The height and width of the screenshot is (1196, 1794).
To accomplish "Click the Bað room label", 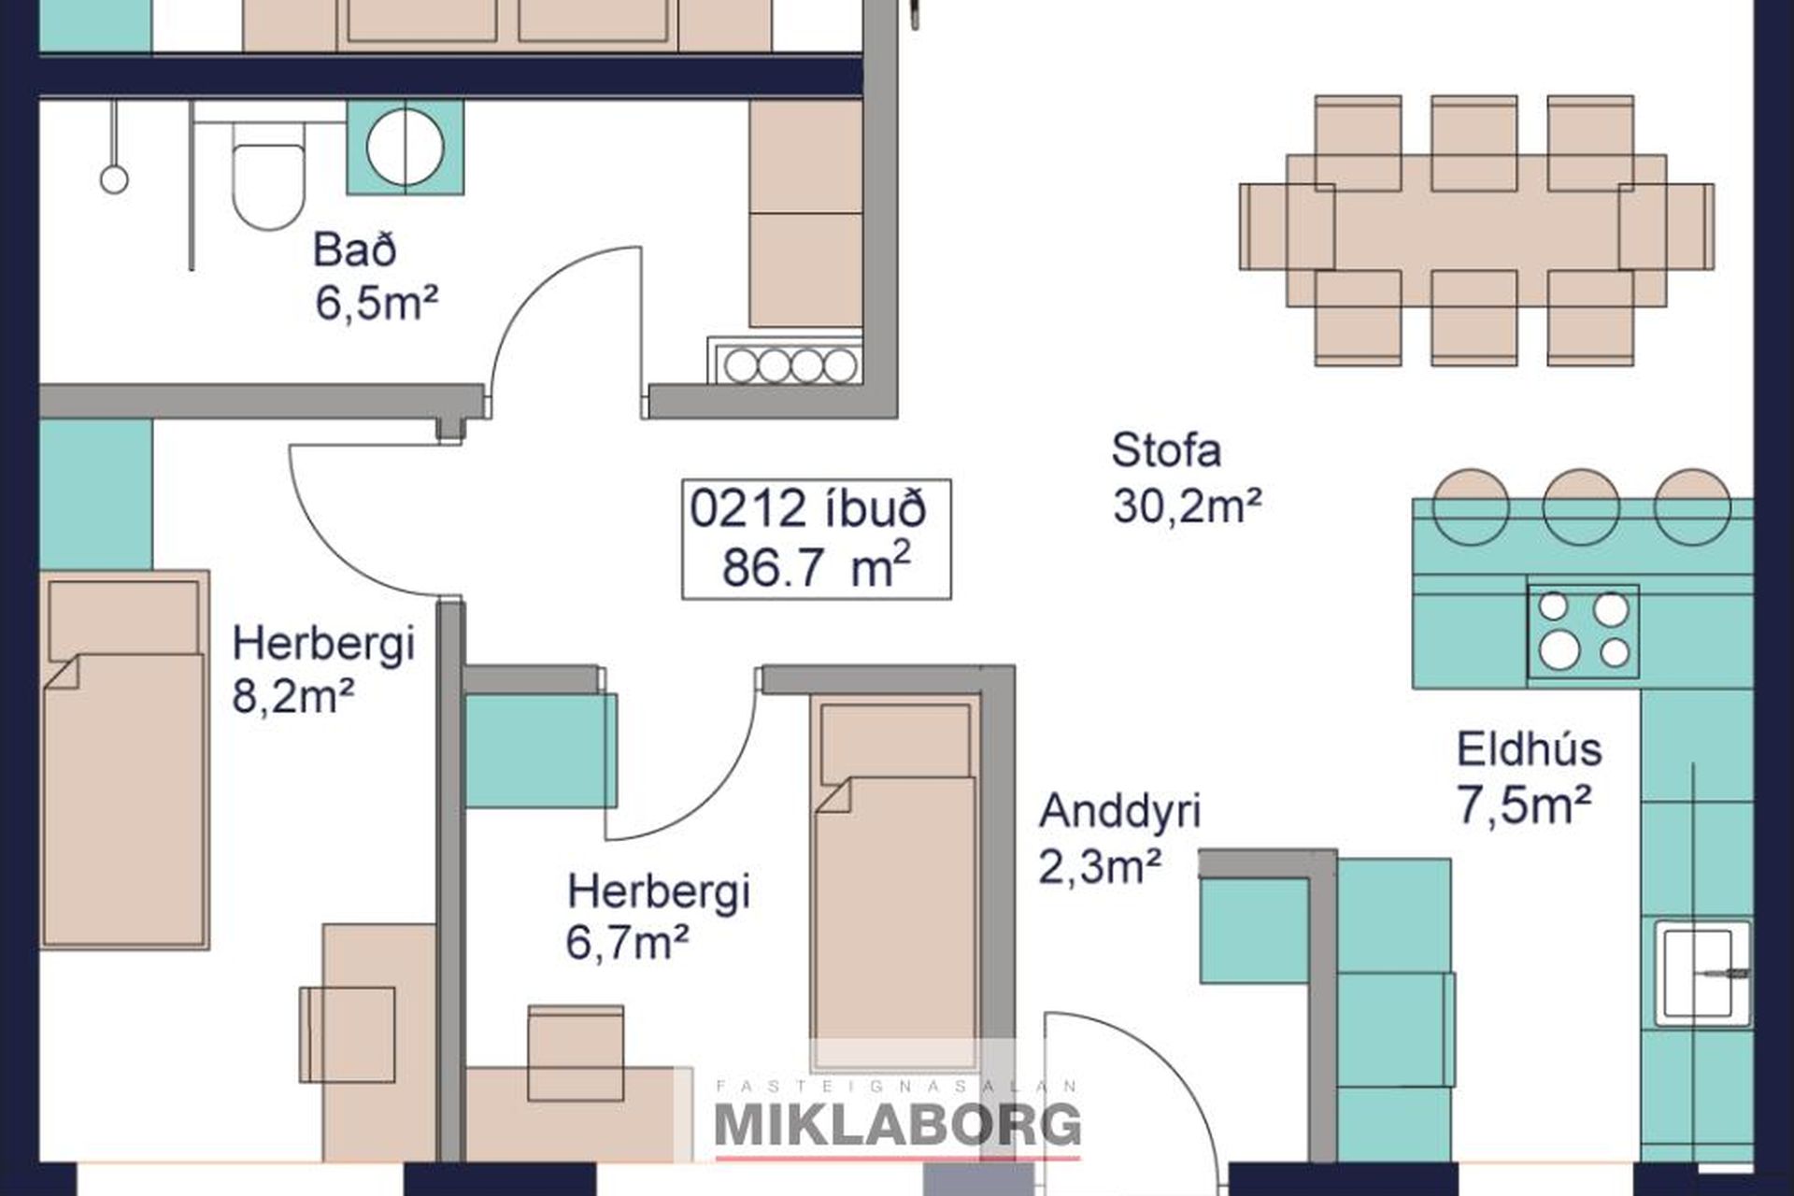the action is pos(354,250).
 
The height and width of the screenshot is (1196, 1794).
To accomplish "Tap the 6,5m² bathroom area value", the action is pos(377,304).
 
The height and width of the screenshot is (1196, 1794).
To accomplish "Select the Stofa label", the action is pos(1166,450).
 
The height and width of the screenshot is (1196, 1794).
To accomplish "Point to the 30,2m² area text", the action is pos(1187,506).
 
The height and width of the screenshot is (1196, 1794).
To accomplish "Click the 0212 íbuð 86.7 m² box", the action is pos(817,539).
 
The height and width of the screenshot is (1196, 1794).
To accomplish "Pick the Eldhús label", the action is pos(1529,749).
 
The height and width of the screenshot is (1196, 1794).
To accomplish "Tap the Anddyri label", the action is pos(1119,811).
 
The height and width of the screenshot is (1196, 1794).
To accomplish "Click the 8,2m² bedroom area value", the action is pos(292,696).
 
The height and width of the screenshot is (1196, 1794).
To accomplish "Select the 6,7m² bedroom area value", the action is pos(627,942).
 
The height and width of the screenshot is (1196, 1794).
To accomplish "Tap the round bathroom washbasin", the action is pos(406,147).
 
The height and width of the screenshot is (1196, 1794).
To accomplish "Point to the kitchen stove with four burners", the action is pos(1583,631).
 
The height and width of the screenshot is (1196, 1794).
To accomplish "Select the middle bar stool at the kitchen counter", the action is pos(1581,506).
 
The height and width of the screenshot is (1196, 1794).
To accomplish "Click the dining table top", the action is pos(1476,231).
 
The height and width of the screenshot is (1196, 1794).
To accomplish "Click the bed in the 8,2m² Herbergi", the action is pos(124,761).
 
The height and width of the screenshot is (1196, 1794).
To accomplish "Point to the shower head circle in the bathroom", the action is pos(114,178).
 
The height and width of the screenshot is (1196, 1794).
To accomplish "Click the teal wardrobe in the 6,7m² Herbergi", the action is pos(541,750).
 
